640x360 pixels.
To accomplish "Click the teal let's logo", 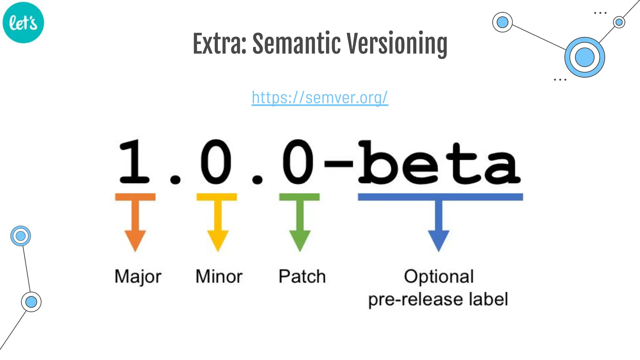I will pyautogui.click(x=23, y=22).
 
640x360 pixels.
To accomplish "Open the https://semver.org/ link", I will pyautogui.click(x=320, y=97).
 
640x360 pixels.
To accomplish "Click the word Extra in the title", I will pyautogui.click(x=219, y=44).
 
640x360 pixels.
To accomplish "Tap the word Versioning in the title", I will pyautogui.click(x=397, y=44).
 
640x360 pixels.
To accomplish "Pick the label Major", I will pyautogui.click(x=138, y=277).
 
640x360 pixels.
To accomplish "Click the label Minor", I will pyautogui.click(x=219, y=277).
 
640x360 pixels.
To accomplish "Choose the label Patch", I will pyautogui.click(x=302, y=277).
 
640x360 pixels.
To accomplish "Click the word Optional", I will pyautogui.click(x=439, y=277).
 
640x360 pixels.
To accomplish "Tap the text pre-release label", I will pyautogui.click(x=438, y=299).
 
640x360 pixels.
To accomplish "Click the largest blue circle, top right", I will pyautogui.click(x=584, y=57).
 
